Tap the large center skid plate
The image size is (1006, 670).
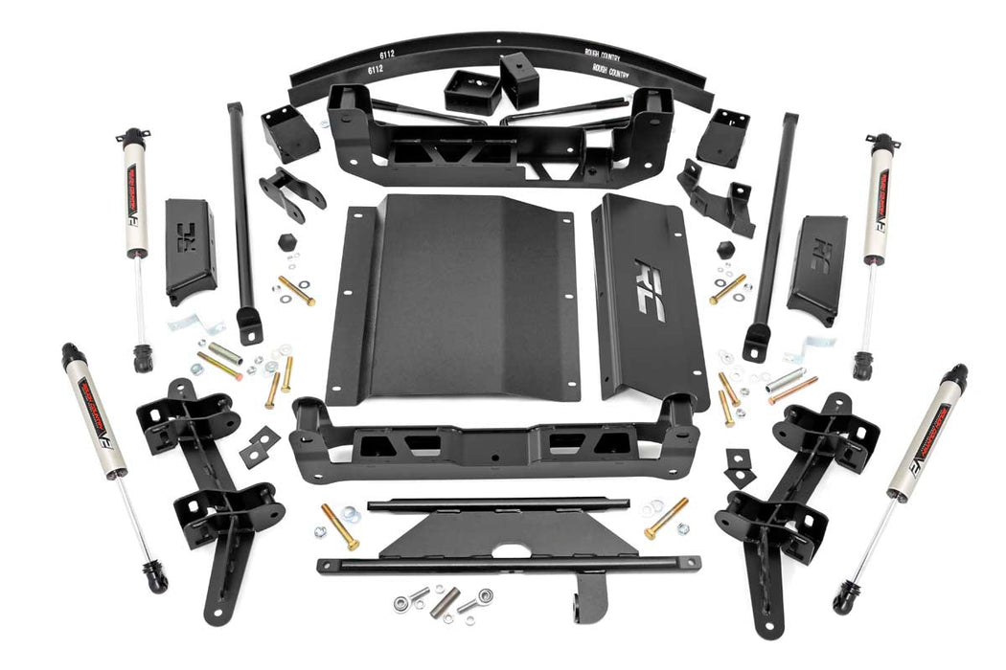point(452,297)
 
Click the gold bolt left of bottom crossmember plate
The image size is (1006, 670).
point(339,525)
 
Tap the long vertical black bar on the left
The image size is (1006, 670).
point(240,220)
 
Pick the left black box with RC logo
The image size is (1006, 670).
point(191,251)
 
